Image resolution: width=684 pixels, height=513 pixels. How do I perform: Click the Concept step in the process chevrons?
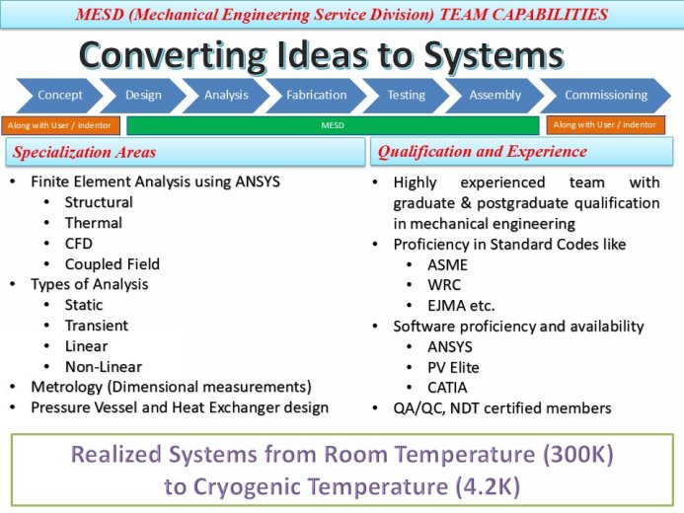[x=60, y=96]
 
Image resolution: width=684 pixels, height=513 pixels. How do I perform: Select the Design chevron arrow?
[x=144, y=96]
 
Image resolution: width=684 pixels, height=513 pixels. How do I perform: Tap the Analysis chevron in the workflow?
[x=226, y=96]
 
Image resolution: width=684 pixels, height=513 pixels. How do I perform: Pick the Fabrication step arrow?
[x=316, y=96]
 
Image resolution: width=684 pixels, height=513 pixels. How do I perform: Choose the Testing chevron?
[x=406, y=96]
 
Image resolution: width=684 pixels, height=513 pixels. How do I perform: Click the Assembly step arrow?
[x=494, y=96]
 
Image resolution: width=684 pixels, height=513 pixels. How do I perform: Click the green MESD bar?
[x=333, y=125]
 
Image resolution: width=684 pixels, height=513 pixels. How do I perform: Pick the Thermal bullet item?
[x=93, y=223]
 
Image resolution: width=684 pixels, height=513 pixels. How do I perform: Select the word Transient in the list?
[x=97, y=326]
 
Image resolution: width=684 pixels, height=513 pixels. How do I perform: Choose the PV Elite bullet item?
[x=453, y=367]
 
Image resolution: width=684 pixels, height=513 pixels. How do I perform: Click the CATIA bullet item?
[x=447, y=388]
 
